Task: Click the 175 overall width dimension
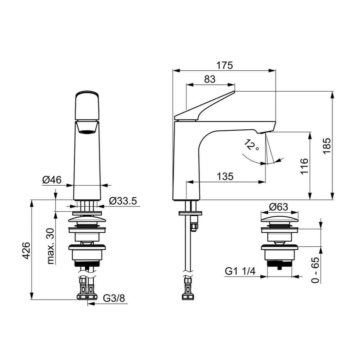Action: (x=224, y=65)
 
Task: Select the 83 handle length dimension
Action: (x=210, y=79)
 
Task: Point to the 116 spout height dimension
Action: (x=304, y=166)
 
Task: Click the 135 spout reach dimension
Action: (x=225, y=176)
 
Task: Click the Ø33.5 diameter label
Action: (x=123, y=201)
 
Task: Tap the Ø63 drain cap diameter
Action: (x=278, y=207)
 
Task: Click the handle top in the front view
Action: (x=87, y=105)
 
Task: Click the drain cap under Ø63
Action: (x=280, y=219)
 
